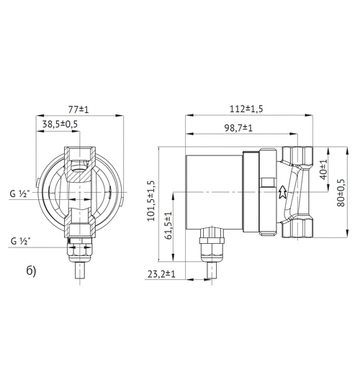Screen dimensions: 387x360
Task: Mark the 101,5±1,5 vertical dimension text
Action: (152, 201)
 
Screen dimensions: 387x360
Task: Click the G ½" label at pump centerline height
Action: (21, 193)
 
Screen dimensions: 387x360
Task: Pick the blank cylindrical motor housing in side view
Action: (214, 193)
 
